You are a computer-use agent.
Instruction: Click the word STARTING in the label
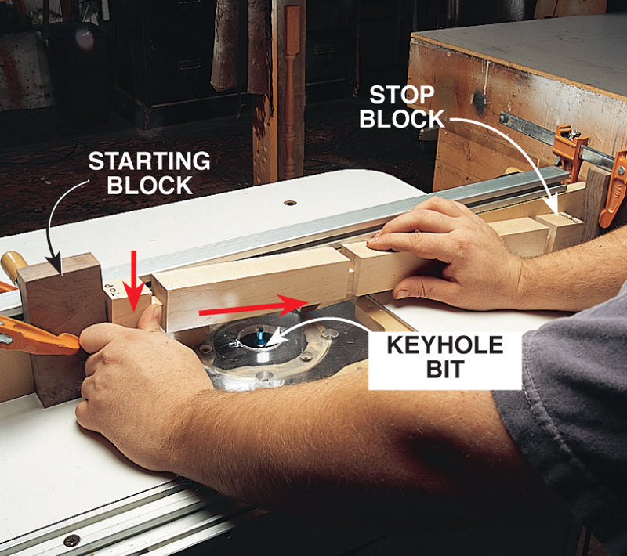pyautogui.click(x=149, y=161)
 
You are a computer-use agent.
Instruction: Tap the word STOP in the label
pyautogui.click(x=401, y=95)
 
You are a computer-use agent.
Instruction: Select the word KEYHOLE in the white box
pyautogui.click(x=445, y=345)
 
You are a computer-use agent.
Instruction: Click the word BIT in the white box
pyautogui.click(x=445, y=369)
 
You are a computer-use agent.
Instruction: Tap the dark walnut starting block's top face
pyautogui.click(x=60, y=265)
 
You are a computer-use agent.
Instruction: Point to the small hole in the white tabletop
pyautogui.click(x=290, y=203)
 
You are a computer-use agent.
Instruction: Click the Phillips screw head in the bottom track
pyautogui.click(x=72, y=540)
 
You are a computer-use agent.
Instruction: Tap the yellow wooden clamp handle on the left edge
pyautogui.click(x=13, y=265)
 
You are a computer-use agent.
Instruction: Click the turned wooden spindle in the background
pyautogui.click(x=291, y=92)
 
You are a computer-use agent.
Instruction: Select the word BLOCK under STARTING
pyautogui.click(x=150, y=185)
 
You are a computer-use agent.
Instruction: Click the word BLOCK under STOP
pyautogui.click(x=402, y=118)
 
